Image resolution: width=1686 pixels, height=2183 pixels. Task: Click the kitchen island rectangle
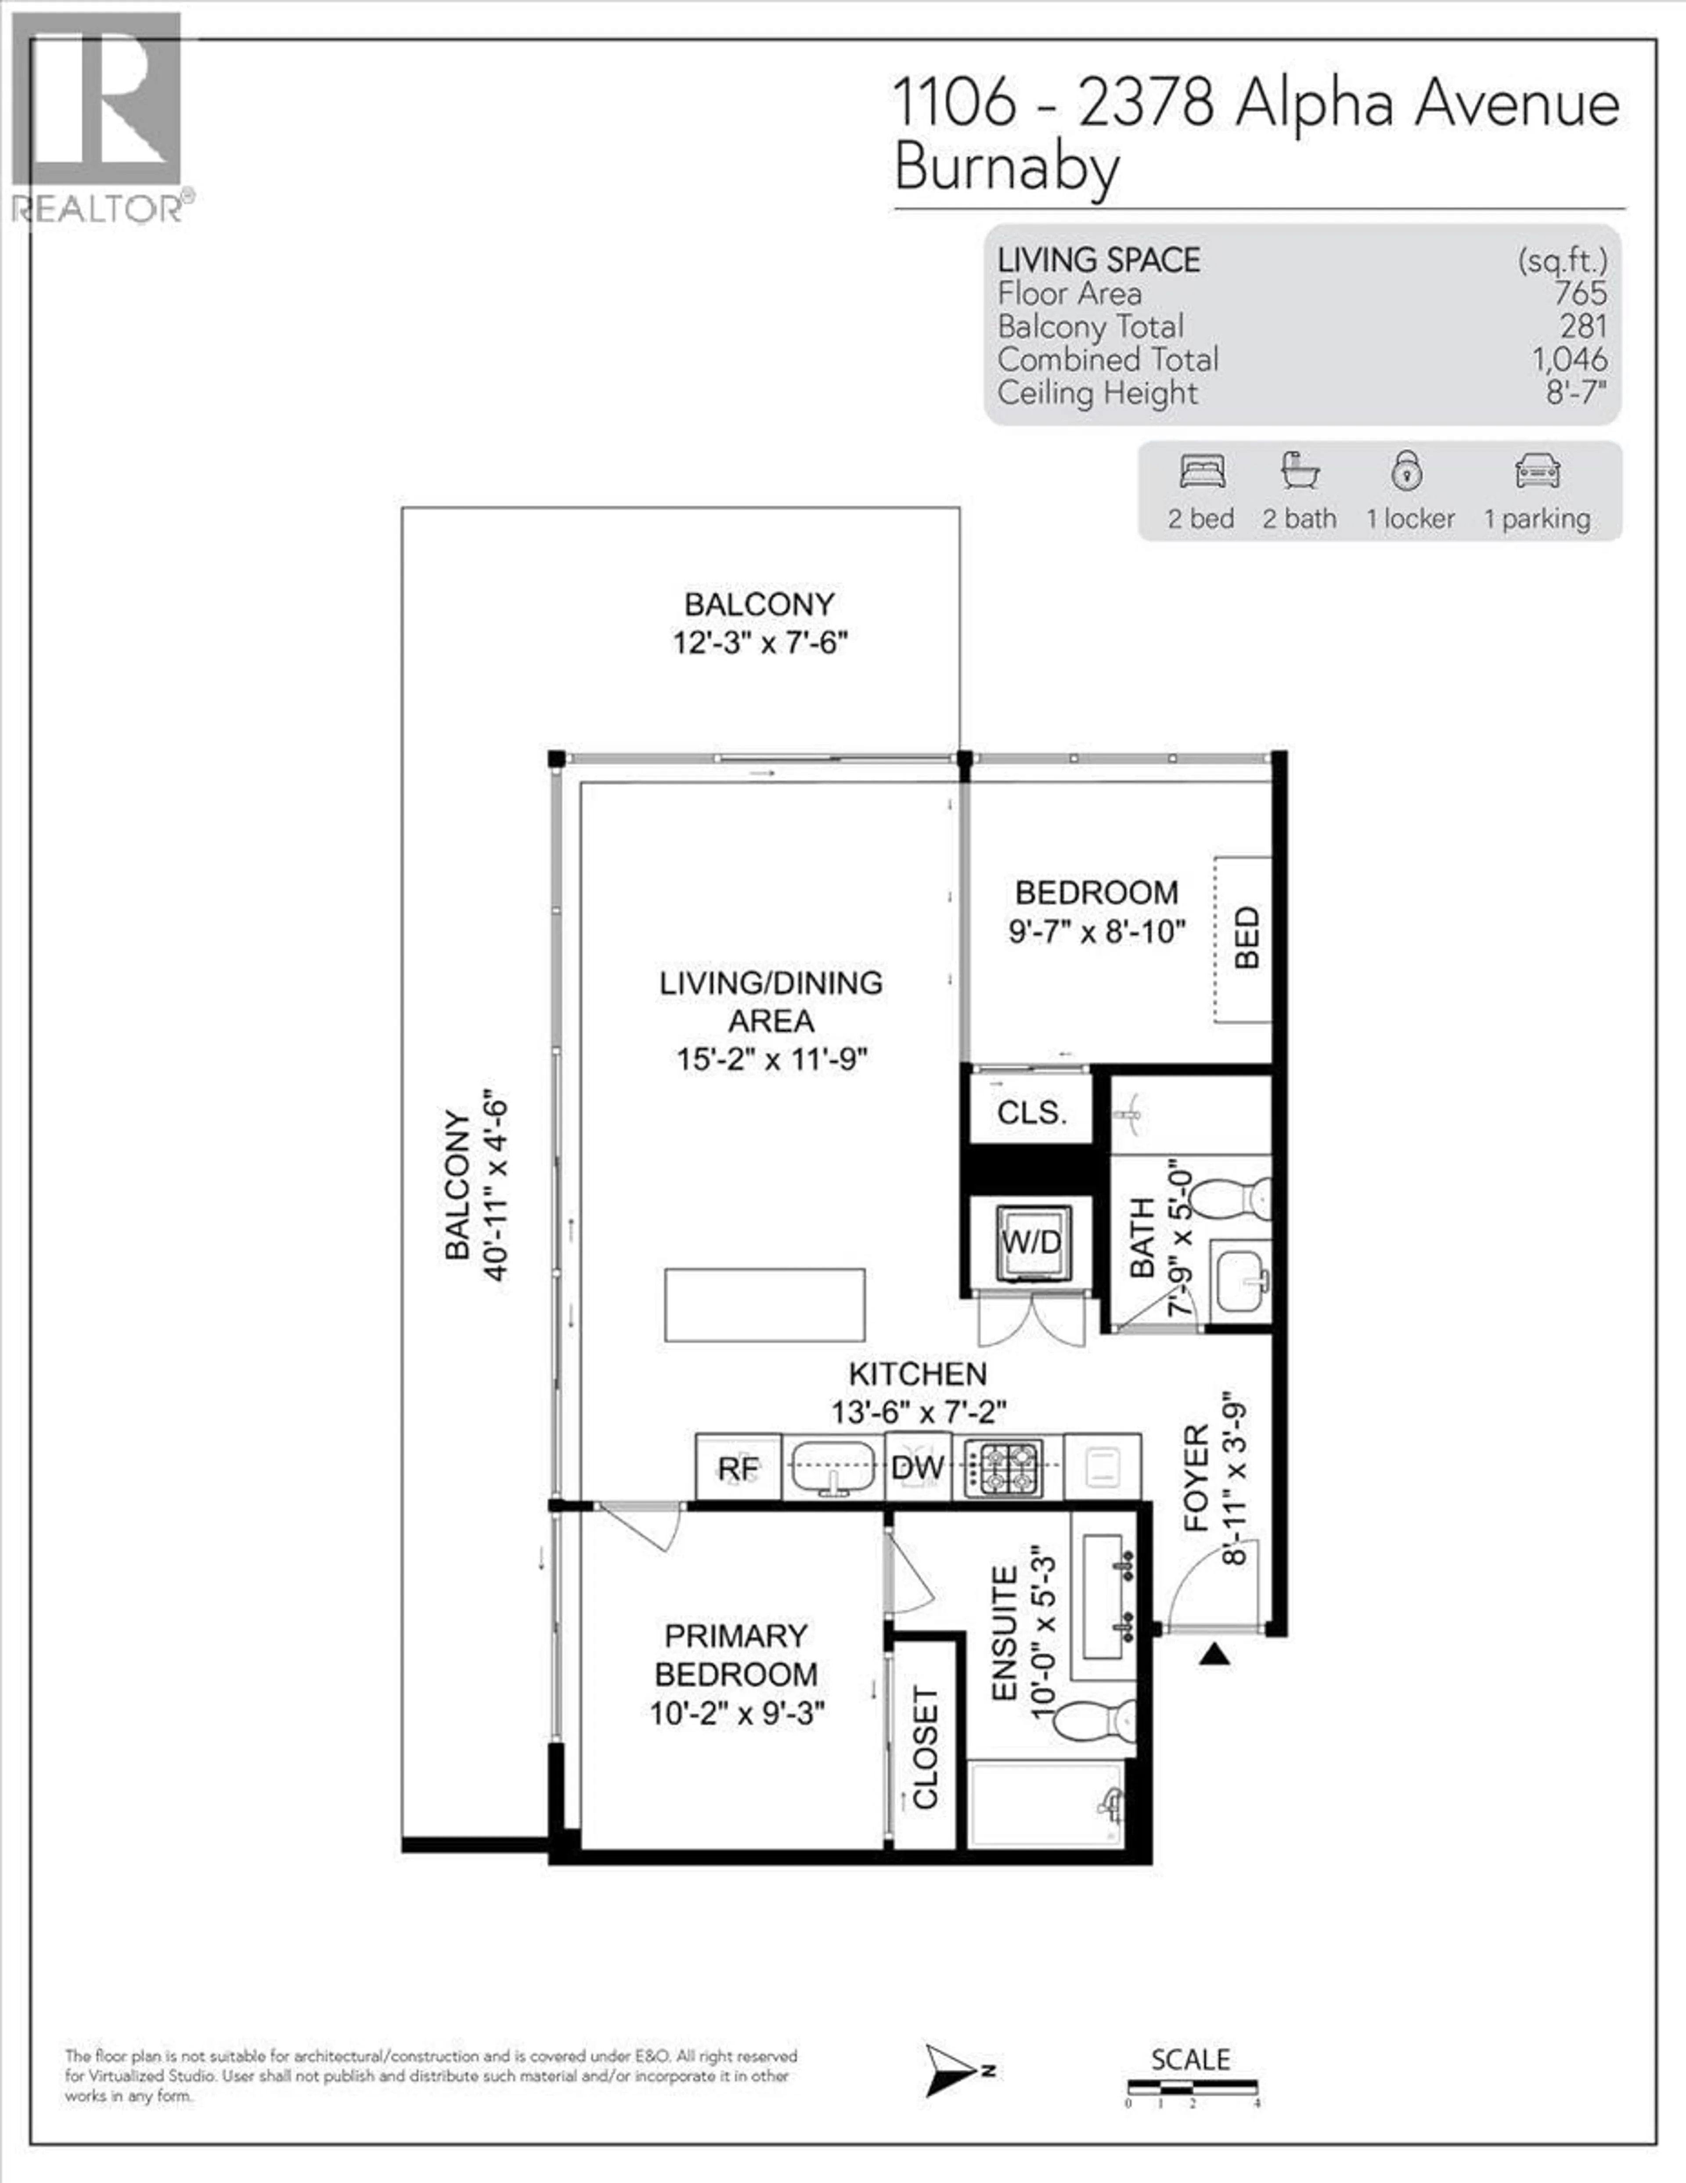[x=764, y=1304]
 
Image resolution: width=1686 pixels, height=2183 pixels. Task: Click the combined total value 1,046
[x=1569, y=359]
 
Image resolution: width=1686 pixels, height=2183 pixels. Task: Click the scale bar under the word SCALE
[x=1191, y=2087]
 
